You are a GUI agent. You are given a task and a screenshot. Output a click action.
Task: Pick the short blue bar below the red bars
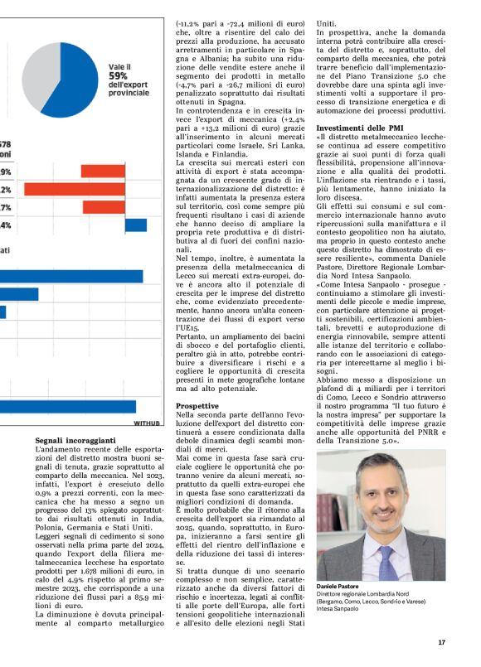(136, 225)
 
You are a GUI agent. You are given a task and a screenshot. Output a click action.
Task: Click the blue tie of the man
(387, 556)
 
